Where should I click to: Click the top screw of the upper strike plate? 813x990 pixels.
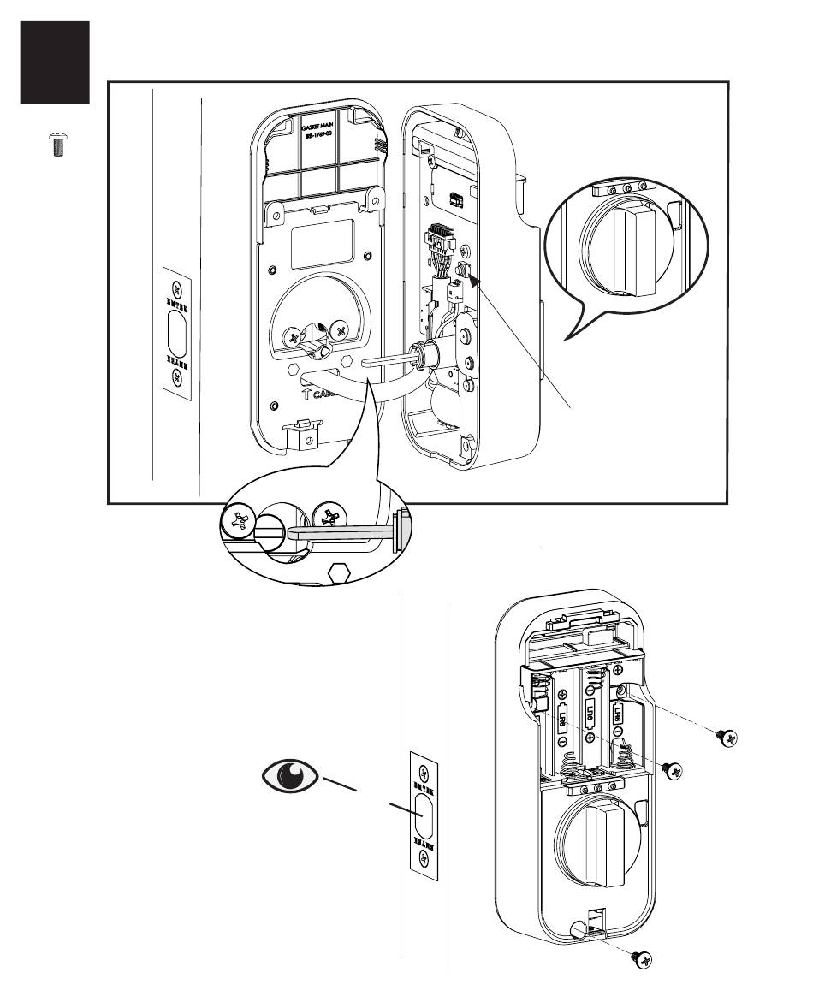tap(177, 288)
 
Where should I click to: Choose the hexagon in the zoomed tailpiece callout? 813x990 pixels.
tap(339, 574)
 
